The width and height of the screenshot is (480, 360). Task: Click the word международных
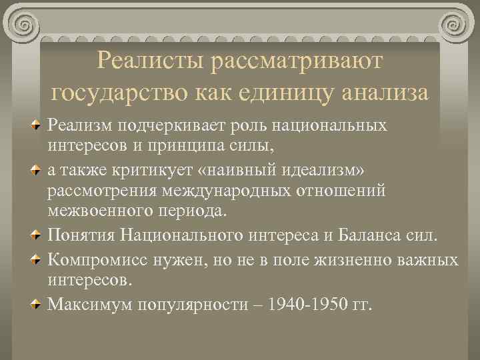pos(222,192)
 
